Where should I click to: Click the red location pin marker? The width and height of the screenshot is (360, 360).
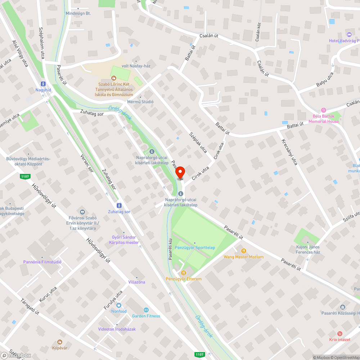(180, 172)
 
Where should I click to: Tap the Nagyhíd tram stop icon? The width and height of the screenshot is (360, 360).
(44, 84)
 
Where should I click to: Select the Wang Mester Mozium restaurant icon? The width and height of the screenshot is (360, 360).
(244, 251)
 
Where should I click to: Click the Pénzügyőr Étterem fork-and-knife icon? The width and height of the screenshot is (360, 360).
(184, 273)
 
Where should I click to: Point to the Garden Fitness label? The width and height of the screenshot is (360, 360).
(146, 316)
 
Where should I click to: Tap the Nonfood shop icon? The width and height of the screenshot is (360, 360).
(119, 305)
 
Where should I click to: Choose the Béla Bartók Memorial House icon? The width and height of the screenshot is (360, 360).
(323, 110)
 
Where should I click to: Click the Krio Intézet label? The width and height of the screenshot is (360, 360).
(340, 339)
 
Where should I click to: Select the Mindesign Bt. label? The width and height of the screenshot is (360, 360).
(78, 13)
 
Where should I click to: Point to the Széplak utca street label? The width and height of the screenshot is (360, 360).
(198, 142)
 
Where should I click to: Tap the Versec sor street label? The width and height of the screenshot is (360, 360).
(87, 165)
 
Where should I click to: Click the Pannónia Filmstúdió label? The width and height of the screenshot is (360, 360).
(42, 262)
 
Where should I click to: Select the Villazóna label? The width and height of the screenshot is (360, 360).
(136, 282)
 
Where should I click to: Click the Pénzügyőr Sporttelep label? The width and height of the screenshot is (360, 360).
(195, 248)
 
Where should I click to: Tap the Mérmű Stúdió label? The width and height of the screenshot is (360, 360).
(140, 102)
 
